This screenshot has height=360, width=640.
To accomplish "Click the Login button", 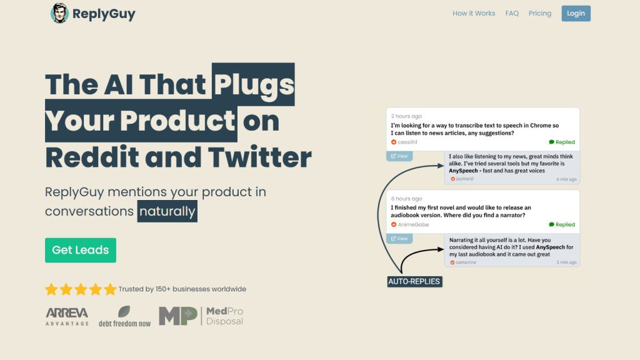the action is click(576, 14).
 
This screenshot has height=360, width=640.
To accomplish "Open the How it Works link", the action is click(474, 14).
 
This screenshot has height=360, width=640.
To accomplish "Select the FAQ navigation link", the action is click(512, 14).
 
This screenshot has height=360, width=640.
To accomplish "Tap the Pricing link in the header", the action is click(539, 14).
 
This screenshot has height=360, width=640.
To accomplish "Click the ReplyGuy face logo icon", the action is click(59, 13).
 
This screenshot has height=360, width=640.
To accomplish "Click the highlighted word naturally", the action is click(167, 211).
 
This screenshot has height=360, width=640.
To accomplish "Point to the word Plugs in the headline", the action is click(254, 84).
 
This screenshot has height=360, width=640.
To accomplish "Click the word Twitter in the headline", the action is click(259, 157).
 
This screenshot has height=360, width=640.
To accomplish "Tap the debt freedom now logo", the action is click(124, 317).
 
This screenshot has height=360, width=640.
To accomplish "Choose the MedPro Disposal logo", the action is click(201, 316).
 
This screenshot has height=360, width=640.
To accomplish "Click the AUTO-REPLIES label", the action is click(414, 282).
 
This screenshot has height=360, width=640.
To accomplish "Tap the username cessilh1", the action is click(407, 142).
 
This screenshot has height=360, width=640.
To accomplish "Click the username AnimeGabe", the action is click(413, 224).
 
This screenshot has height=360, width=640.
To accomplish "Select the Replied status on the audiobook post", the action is click(562, 224).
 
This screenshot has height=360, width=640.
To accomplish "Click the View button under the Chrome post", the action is click(399, 156).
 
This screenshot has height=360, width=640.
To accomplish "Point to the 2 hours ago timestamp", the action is click(406, 116).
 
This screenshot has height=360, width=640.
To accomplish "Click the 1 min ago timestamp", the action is click(566, 262).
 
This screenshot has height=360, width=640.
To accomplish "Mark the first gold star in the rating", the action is click(51, 289).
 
